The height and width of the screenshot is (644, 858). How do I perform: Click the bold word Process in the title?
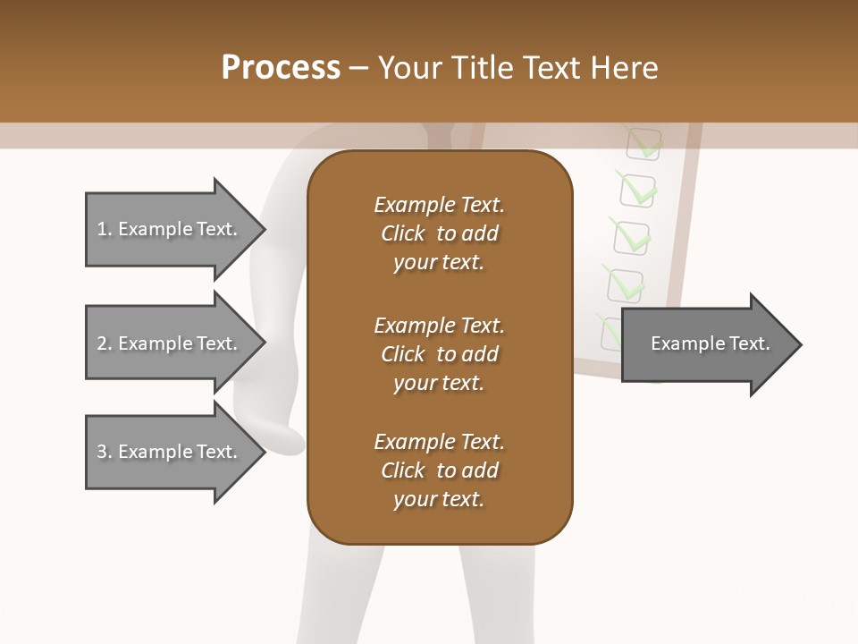click(281, 68)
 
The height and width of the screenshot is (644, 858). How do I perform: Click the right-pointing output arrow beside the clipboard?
click(706, 343)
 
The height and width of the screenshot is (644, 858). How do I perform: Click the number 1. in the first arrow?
click(105, 230)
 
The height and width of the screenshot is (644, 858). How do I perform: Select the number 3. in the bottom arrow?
click(105, 453)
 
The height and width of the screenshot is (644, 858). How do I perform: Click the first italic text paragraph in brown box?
click(439, 233)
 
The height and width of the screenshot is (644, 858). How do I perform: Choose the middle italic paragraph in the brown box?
click(439, 354)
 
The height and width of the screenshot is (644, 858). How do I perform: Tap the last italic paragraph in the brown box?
click(439, 470)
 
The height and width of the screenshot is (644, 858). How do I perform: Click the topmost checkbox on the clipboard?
click(641, 141)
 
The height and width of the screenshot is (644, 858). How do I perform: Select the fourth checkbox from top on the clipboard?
click(625, 284)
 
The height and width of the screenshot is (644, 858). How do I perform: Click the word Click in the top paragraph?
click(403, 233)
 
